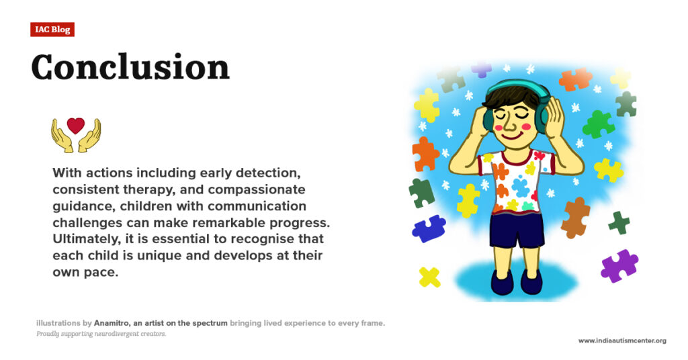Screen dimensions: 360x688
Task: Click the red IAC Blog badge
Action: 52,30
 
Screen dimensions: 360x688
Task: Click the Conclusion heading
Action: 130,67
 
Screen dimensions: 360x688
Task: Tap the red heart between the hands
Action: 76,126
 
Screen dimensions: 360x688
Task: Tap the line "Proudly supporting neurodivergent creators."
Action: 101,334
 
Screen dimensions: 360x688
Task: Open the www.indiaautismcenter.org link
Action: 622,341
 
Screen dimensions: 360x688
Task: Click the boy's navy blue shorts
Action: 516,230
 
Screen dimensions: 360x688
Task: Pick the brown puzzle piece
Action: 575,217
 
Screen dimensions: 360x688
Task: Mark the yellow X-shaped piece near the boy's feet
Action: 429,277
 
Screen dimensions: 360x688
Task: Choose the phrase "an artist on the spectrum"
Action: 181,323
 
